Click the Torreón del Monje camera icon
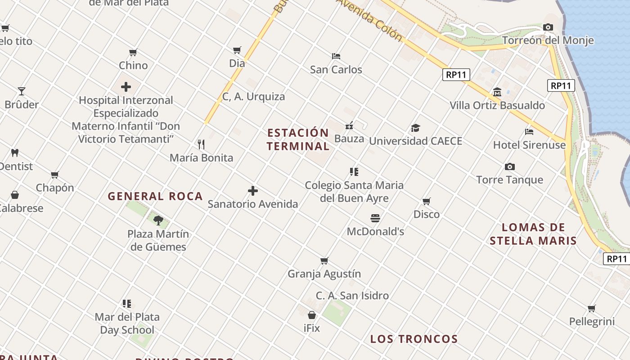(x=548, y=27)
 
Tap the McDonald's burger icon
(x=376, y=218)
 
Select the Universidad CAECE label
(x=415, y=141)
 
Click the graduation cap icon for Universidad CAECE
(x=415, y=128)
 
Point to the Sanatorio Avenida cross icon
(x=253, y=191)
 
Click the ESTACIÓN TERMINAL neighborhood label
(x=298, y=139)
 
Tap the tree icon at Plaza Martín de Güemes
(x=158, y=220)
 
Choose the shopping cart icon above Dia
(x=237, y=50)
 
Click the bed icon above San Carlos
(x=336, y=56)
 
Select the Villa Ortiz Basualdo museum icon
(x=497, y=92)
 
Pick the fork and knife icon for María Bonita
(x=201, y=144)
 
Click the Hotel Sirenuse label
(x=529, y=145)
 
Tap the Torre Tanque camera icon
(x=510, y=166)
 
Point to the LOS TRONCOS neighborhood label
(x=414, y=339)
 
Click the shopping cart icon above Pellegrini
(x=592, y=308)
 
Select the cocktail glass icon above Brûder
(x=22, y=91)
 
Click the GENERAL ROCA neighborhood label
(x=155, y=196)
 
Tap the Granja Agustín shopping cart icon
(x=324, y=261)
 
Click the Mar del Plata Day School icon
(x=127, y=304)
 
